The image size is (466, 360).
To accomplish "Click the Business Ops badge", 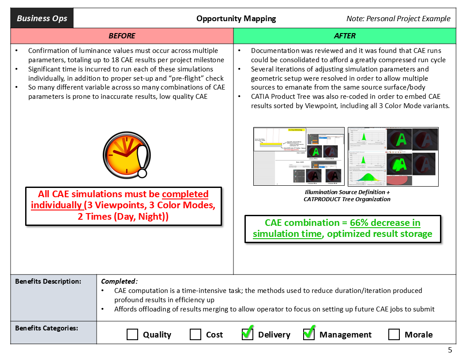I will [42, 19].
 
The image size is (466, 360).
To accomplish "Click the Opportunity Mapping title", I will [236, 19].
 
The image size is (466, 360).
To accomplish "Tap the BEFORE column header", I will [122, 36].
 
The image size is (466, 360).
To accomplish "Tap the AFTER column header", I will [345, 36].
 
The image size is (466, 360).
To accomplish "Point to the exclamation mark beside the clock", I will [143, 161].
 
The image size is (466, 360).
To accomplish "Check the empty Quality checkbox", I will [132, 334].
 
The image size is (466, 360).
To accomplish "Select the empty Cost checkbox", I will [195, 334].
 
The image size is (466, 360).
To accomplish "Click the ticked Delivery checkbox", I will [248, 334].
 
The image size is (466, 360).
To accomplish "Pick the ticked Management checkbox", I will [309, 334].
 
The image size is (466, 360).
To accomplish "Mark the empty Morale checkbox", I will [394, 334].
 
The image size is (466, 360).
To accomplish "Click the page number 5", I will [450, 350].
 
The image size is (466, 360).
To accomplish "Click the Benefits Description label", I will [49, 281].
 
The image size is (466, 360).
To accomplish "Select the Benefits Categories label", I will [47, 328].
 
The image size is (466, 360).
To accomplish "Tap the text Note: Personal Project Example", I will [398, 19].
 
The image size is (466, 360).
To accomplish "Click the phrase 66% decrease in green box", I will [385, 223].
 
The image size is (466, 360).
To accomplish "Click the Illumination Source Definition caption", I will [347, 192].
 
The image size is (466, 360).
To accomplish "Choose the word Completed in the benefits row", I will [119, 281].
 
